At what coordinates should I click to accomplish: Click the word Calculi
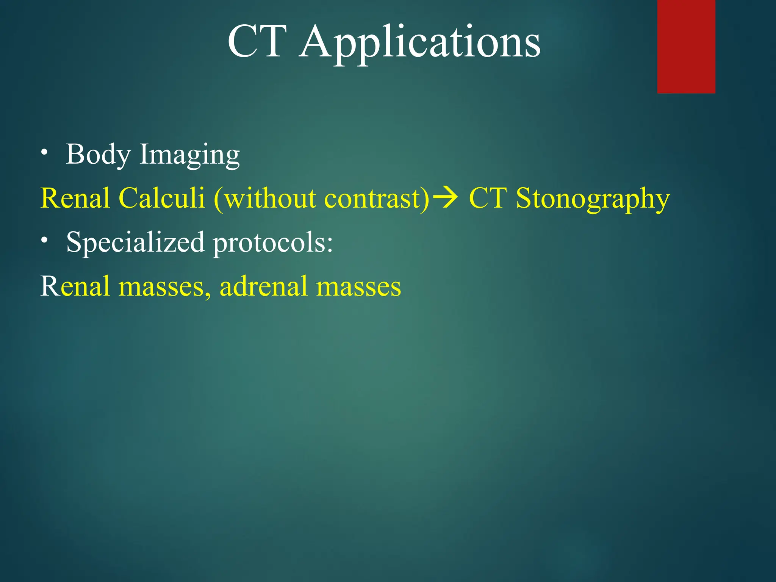coord(162,198)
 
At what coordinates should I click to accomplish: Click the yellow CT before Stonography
coord(488,198)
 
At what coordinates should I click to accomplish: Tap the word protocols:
coord(273,243)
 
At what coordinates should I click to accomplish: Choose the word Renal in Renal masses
coord(75,286)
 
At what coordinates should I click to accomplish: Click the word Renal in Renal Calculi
coord(75,198)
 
